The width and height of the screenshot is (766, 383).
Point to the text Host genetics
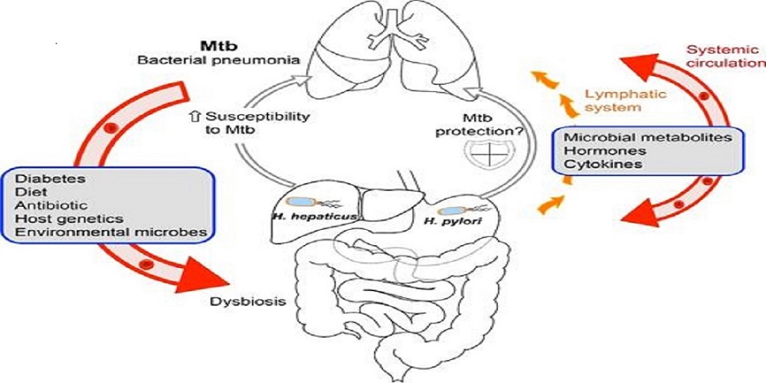coord(54,219)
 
